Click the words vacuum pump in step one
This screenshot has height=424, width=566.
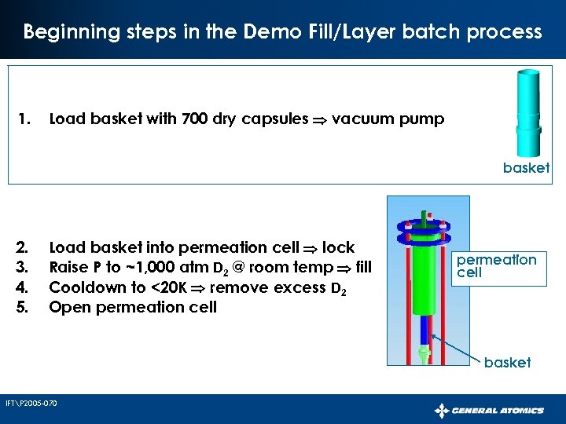point(388,119)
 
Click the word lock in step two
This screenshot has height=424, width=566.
point(338,247)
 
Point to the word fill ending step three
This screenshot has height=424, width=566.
point(362,267)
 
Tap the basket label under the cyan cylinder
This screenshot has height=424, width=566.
point(526,168)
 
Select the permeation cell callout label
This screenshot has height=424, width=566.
point(507,265)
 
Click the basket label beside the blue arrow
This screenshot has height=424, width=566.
point(507,362)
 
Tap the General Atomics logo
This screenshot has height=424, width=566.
point(489,410)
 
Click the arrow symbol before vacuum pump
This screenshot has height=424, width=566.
point(321,120)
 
